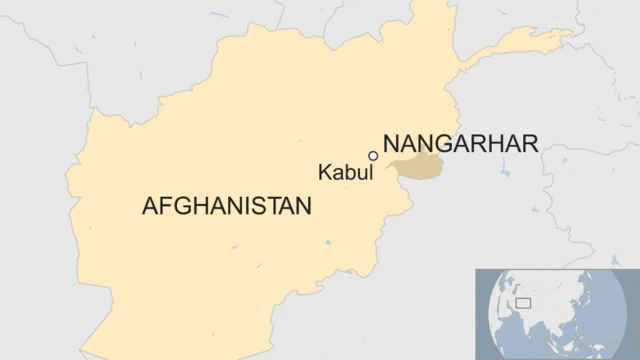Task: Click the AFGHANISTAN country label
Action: click(227, 207)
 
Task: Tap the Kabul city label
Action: click(345, 172)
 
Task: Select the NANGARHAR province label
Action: click(460, 143)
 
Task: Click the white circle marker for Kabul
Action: click(373, 156)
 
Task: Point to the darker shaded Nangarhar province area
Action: click(420, 168)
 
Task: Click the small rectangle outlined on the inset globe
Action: click(522, 302)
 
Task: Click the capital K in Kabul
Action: click(324, 172)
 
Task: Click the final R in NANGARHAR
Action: click(531, 143)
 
